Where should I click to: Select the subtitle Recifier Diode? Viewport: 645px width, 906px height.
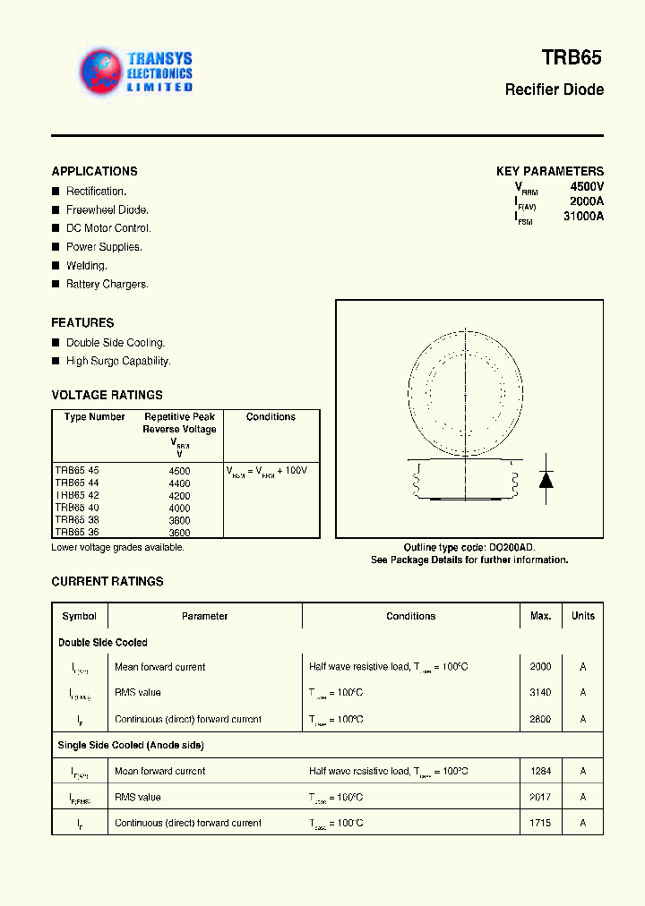(x=554, y=90)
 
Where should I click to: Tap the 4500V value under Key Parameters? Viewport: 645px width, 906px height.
(x=587, y=186)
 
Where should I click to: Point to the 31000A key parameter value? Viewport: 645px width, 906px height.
(x=583, y=216)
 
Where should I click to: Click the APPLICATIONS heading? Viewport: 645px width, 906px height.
(x=94, y=171)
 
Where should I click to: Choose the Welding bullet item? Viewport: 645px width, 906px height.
(x=86, y=266)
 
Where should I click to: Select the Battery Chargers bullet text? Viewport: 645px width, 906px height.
(x=107, y=285)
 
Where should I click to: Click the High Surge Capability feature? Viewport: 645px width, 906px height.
(x=117, y=362)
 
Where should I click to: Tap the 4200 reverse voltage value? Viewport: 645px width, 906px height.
(x=179, y=495)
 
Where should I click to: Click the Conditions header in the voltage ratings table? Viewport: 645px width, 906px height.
(x=271, y=417)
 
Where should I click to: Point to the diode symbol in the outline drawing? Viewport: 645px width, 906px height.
(x=545, y=479)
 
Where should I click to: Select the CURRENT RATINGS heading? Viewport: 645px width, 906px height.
(x=107, y=582)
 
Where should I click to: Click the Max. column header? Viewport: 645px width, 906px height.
(x=540, y=616)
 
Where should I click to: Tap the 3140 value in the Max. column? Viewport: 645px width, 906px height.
(x=540, y=693)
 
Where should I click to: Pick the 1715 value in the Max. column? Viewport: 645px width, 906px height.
(x=540, y=823)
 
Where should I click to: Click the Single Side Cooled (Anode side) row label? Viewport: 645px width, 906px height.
(x=131, y=746)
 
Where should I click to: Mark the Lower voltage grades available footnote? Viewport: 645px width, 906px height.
(x=117, y=547)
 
